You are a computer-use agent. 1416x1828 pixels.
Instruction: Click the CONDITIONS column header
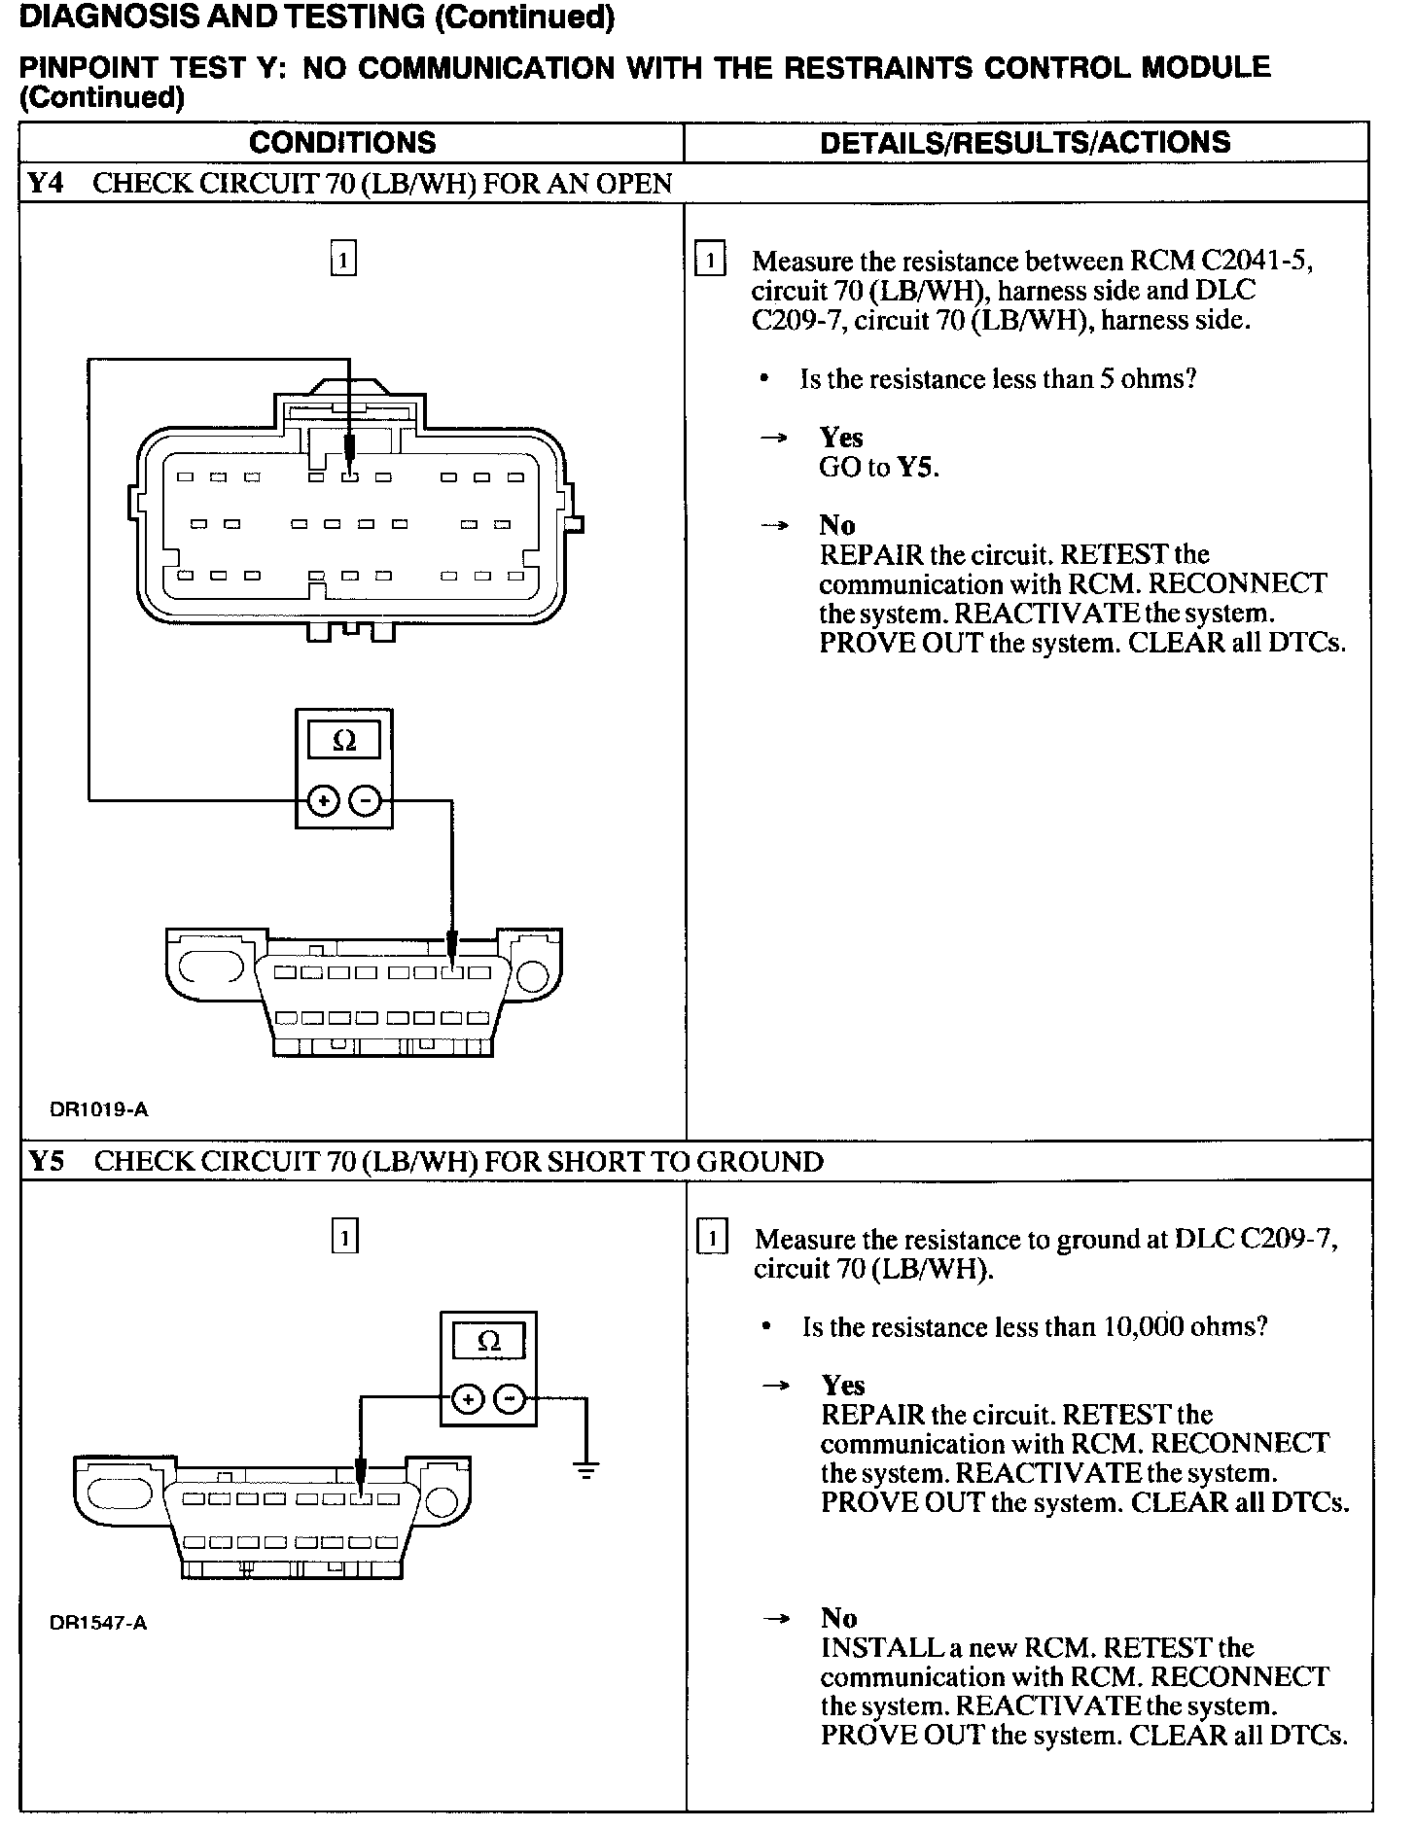tap(342, 143)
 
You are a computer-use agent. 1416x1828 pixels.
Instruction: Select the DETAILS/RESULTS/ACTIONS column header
tap(1025, 143)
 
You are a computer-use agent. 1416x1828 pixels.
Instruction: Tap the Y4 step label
tap(45, 183)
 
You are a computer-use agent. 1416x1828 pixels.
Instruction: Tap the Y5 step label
tap(47, 1161)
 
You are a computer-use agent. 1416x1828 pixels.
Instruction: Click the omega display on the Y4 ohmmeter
tap(344, 741)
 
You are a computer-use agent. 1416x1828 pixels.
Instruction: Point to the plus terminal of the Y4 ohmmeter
tap(323, 801)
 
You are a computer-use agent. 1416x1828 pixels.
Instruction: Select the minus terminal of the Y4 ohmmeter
tap(365, 801)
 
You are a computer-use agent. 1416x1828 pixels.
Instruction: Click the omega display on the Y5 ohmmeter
tap(488, 1342)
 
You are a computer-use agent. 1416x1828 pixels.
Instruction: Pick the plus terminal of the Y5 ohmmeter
tap(468, 1399)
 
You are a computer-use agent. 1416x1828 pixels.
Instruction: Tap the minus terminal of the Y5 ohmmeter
tap(510, 1399)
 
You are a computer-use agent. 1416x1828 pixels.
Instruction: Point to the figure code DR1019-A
tap(99, 1108)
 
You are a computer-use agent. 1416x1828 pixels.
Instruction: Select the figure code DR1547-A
tap(98, 1622)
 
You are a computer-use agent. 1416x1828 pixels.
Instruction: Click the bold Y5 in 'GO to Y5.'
tap(915, 468)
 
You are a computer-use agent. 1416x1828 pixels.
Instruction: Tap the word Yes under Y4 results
tap(841, 438)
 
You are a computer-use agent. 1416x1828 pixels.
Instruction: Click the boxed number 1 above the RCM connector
tap(343, 260)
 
